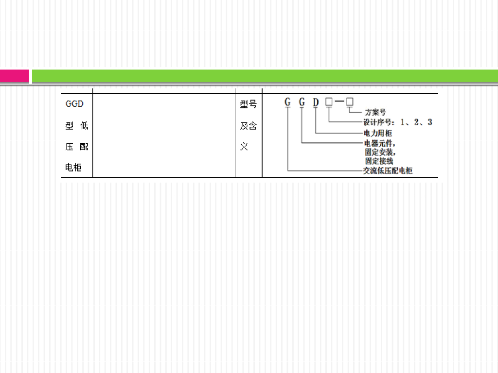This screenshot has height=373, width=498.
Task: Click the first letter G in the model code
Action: click(x=287, y=102)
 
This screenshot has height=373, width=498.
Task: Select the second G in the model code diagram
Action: click(x=302, y=102)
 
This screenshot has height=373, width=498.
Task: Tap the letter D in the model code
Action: click(x=316, y=102)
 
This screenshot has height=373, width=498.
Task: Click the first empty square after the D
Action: click(x=329, y=102)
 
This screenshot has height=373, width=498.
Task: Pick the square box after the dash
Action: click(x=350, y=102)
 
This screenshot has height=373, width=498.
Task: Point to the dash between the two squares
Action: click(x=339, y=102)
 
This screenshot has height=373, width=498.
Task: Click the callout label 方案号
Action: click(x=375, y=112)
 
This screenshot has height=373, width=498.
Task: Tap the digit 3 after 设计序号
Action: click(x=429, y=122)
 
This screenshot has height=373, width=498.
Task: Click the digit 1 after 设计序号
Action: click(x=403, y=122)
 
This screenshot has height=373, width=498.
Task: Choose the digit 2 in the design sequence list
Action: click(x=416, y=122)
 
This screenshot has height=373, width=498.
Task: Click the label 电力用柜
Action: click(x=378, y=133)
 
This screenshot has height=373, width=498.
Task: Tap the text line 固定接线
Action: click(x=379, y=161)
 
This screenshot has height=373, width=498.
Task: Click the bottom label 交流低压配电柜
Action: click(x=388, y=171)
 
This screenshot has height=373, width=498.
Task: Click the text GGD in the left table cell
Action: click(x=74, y=104)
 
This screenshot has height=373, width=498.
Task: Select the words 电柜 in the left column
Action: click(x=73, y=168)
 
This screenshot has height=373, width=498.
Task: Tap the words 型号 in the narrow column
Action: click(x=248, y=104)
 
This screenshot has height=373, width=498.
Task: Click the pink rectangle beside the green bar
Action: click(x=14, y=76)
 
